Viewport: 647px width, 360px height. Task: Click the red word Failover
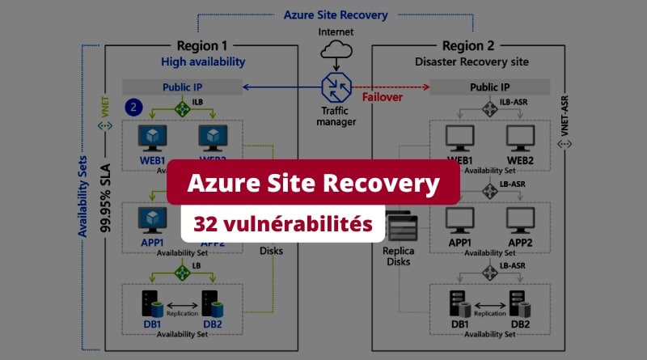click(383, 98)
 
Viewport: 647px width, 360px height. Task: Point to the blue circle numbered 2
click(134, 106)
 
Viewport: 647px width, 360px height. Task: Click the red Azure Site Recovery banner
click(314, 184)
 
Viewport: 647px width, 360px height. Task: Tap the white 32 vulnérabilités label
click(281, 222)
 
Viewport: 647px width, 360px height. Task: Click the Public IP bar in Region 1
click(182, 87)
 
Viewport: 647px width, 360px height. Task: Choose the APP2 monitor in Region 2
click(521, 219)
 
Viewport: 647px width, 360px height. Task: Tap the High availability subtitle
click(202, 61)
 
